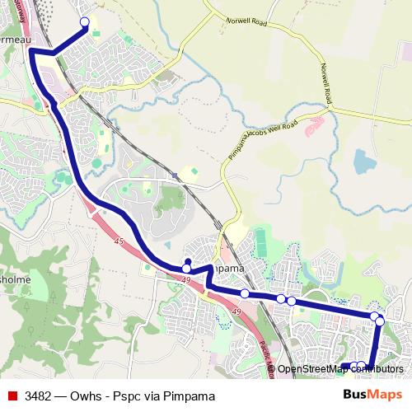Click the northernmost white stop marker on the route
tap(83, 22)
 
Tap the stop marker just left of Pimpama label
tap(187, 268)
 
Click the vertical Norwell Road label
tap(325, 82)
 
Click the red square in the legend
tap(12, 396)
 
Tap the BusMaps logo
tap(372, 395)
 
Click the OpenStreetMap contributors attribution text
tap(339, 369)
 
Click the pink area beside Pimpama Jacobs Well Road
tap(315, 126)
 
